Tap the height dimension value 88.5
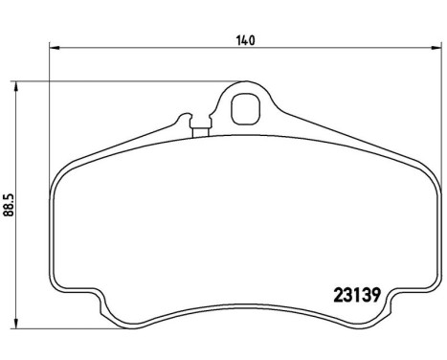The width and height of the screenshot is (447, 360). point(11,206)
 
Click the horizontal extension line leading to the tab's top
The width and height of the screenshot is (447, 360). point(124,82)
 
